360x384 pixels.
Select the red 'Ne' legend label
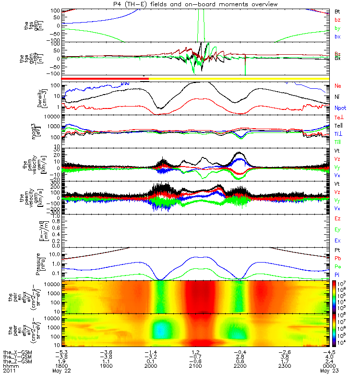pyautogui.click(x=337, y=86)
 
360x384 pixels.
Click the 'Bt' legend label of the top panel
pyautogui.click(x=337, y=11)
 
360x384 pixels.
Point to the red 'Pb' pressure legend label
pyautogui.click(x=337, y=259)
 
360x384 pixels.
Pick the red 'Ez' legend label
pyautogui.click(x=337, y=219)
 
